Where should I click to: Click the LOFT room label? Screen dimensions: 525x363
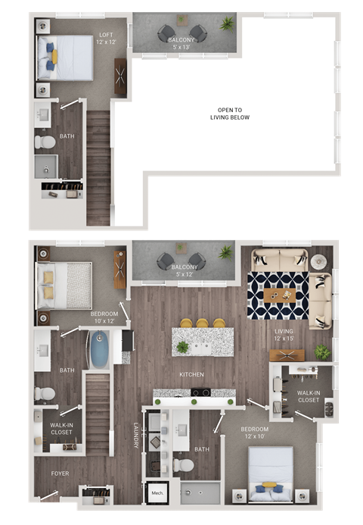105,39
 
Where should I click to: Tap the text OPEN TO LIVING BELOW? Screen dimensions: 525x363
233,114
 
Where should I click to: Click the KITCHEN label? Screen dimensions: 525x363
191,374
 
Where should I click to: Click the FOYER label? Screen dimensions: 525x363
60,473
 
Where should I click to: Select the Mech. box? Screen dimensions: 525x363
157,492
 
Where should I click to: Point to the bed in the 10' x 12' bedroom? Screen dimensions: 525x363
64,285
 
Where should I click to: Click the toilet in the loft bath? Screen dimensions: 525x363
46,141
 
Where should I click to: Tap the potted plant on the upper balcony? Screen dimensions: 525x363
226,25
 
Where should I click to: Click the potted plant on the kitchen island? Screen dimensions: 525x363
182,347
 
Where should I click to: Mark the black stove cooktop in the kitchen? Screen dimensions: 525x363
201,392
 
